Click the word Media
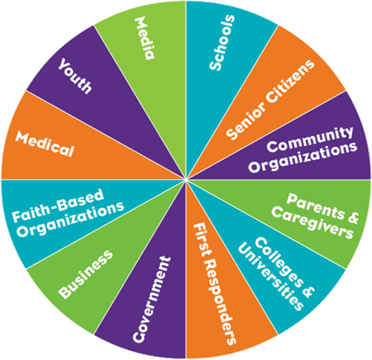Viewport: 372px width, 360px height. click(145, 38)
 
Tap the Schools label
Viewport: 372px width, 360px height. click(222, 42)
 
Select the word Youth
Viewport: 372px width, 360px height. click(74, 76)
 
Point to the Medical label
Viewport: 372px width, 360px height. click(45, 144)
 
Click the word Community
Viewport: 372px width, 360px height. click(310, 139)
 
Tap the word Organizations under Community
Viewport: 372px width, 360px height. click(303, 158)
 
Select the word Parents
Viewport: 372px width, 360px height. click(315, 206)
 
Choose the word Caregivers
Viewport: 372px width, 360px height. click(312, 223)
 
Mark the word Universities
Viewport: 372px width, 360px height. click(271, 277)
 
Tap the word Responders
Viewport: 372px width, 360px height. click(221, 302)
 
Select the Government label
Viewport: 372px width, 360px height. click(152, 299)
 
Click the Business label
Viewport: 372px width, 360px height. click(86, 274)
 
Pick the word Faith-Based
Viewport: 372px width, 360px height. click(58, 205)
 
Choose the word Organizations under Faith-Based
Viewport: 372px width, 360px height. click(70, 219)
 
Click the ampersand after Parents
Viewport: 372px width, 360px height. click(353, 219)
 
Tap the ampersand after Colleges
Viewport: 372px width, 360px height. click(306, 291)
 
